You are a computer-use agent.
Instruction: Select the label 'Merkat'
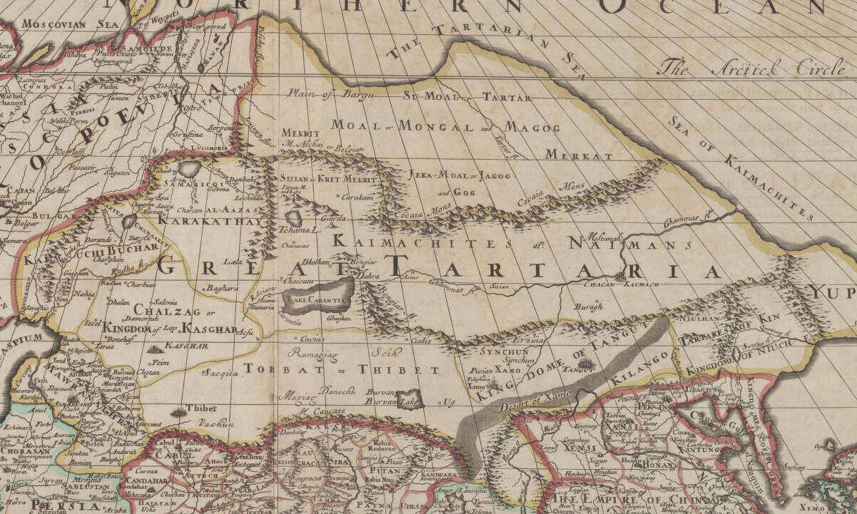pyautogui.click(x=579, y=155)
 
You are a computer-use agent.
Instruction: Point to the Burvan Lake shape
pyautogui.click(x=410, y=399)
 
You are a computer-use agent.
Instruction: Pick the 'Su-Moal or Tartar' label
pyautogui.click(x=467, y=96)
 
